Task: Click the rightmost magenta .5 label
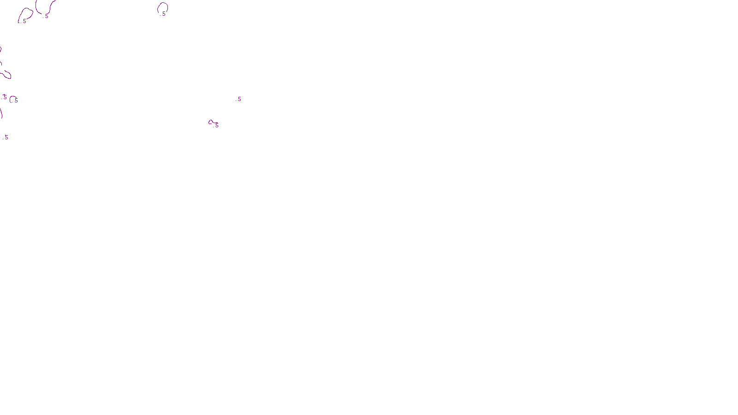tap(239, 99)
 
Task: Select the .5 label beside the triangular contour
tap(216, 125)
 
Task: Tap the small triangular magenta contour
tap(211, 122)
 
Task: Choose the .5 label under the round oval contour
tap(163, 14)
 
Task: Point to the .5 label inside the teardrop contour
tap(24, 21)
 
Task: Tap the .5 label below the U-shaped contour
tap(46, 16)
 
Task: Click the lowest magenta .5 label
tap(6, 137)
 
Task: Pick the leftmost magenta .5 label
tap(5, 97)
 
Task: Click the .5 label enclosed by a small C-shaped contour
tap(16, 100)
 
